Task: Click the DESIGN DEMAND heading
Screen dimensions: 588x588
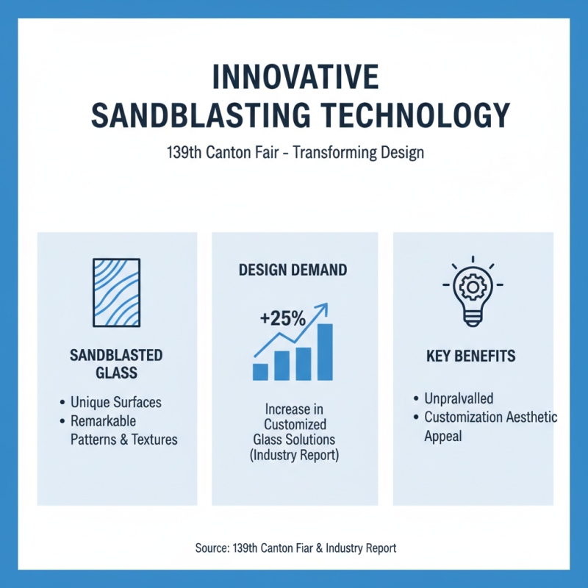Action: coord(293,270)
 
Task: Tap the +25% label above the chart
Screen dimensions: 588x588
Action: coord(282,319)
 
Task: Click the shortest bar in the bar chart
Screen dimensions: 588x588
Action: coord(260,371)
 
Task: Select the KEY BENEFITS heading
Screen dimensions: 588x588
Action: coord(470,356)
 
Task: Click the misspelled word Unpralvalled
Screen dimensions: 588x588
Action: coord(459,398)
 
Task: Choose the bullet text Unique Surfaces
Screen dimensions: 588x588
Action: coord(115,403)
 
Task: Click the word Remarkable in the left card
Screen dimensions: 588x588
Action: coord(104,421)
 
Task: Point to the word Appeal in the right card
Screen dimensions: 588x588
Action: coord(442,435)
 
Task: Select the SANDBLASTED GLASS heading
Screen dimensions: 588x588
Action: coord(116,364)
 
